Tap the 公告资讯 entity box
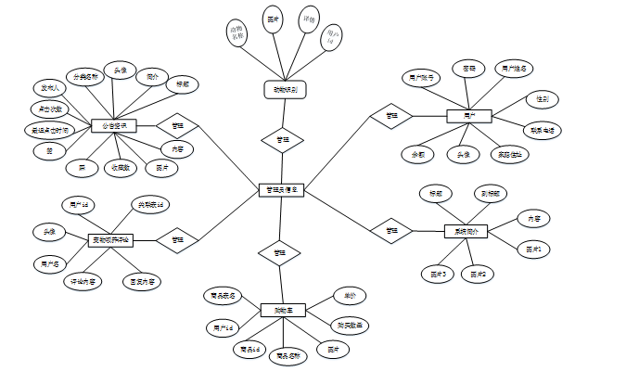(114, 125)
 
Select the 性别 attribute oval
(541, 97)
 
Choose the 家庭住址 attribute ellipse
(510, 154)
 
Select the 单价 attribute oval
(350, 295)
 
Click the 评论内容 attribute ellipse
(83, 280)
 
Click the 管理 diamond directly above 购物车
(278, 252)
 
